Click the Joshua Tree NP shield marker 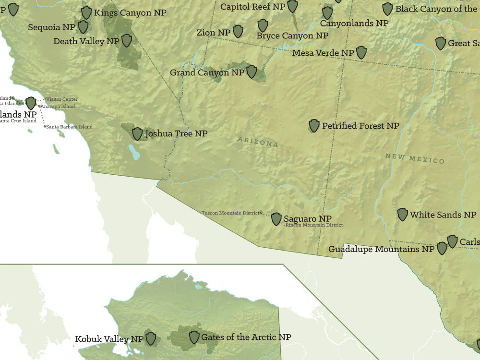coord(137,134)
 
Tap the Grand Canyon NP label coord(207,72)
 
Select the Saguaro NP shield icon coord(276,219)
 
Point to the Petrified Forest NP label coord(360,126)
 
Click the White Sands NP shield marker coord(403,215)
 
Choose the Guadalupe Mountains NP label coord(381,249)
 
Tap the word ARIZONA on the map coord(258,142)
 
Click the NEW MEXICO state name coord(415,158)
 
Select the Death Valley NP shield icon coord(127,41)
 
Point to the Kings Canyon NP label coord(130,12)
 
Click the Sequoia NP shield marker coord(83,27)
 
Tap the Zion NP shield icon coord(238,32)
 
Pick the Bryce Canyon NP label coord(292,36)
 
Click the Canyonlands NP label coord(354,23)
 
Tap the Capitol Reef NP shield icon coord(292,6)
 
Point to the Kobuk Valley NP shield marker coord(151,338)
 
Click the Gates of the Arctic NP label coord(246,337)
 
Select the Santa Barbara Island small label coord(70,127)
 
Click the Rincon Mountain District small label coord(314,225)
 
